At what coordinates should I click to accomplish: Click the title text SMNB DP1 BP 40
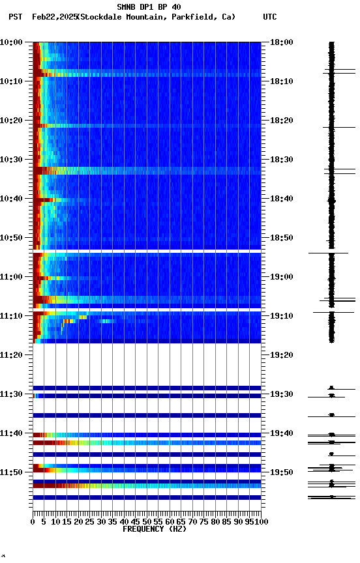pos(149,7)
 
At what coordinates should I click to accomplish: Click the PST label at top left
pos(16,17)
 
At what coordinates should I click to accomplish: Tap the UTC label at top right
pos(270,17)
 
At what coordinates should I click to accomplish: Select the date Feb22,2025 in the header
pos(54,17)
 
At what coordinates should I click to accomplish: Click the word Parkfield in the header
pos(192,17)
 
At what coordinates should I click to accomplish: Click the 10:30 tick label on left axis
pos(12,160)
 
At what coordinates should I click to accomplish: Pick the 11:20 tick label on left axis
pos(12,355)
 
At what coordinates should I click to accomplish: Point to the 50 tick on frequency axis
pos(147,521)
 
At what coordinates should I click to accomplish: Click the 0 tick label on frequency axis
pos(33,521)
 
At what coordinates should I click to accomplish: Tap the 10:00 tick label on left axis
pos(12,42)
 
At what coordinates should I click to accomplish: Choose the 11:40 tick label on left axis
pos(12,433)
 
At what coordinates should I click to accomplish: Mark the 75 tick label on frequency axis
pos(204,521)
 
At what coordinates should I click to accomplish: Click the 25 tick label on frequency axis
pos(90,521)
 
